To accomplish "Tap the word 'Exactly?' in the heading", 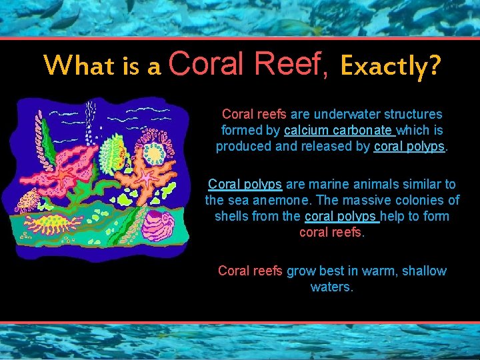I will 390,66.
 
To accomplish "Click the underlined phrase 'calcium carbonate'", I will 338,131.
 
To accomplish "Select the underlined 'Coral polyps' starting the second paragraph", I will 245,184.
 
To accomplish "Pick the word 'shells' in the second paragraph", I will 232,217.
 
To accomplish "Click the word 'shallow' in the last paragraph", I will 425,271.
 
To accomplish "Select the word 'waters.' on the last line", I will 332,287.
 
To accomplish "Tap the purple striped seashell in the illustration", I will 159,224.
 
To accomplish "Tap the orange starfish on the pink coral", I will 67,175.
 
